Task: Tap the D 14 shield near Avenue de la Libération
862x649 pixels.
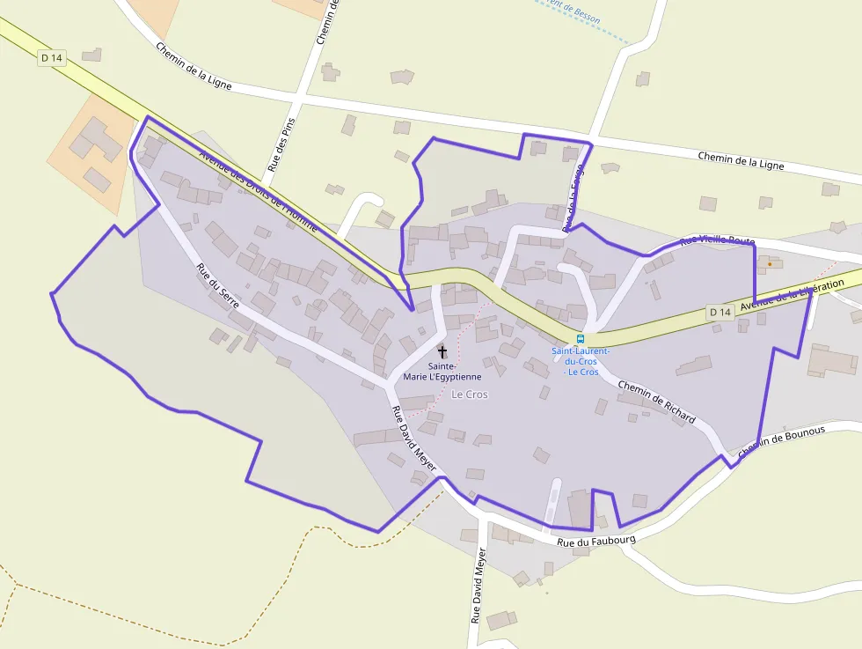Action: (720, 312)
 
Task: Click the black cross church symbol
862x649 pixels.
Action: (442, 351)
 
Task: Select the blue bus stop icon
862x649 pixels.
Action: (580, 339)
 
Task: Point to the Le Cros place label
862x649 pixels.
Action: (470, 395)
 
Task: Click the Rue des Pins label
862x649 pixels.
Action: (279, 141)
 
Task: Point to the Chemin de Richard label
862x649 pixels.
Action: (656, 402)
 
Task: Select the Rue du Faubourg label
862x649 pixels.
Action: (595, 536)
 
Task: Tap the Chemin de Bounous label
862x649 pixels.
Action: (781, 442)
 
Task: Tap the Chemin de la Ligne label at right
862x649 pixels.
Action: (741, 160)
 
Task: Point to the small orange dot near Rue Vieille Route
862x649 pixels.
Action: (770, 263)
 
